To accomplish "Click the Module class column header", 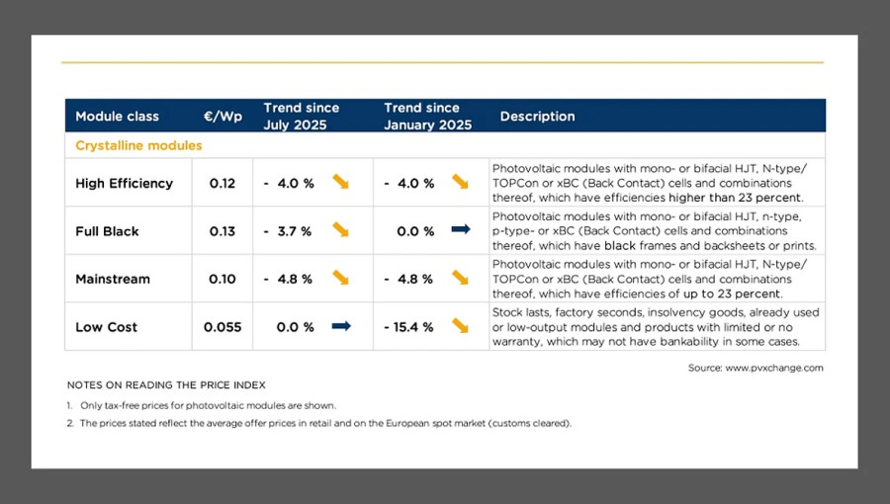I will tap(117, 117).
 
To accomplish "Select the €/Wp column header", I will tap(222, 117).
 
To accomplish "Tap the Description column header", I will tap(537, 117).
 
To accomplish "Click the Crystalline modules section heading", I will tap(138, 145).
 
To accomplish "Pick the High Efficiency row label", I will tap(124, 183).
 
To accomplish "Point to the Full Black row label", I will tap(107, 231).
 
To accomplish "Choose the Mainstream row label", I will tap(113, 279).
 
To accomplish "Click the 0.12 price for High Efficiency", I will tap(222, 183).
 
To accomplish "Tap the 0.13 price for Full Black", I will tap(222, 231).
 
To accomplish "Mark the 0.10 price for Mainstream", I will tap(222, 279).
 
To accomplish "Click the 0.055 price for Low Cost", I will tap(222, 327).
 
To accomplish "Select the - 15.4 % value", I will tap(408, 327).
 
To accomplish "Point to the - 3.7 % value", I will tap(288, 231).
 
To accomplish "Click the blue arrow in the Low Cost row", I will tap(341, 326).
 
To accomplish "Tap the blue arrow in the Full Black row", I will tap(461, 230).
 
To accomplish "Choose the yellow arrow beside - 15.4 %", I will tap(461, 326).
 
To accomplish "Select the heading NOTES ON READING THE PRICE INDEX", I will tap(166, 384).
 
